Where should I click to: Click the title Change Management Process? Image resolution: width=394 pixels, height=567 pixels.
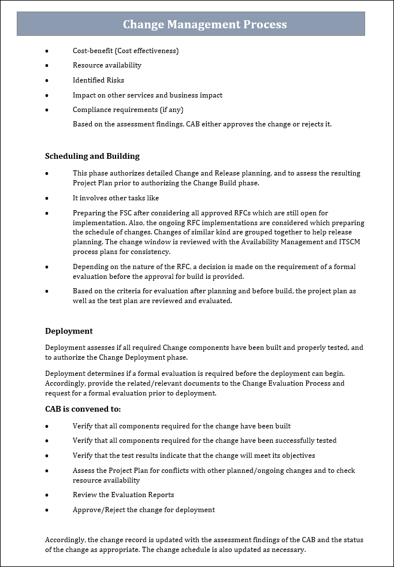[x=205, y=24]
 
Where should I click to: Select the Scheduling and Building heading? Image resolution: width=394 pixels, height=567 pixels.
[x=92, y=156]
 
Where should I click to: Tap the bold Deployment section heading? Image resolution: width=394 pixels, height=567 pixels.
[x=69, y=331]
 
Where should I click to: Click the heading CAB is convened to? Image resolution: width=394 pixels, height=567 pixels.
[x=83, y=409]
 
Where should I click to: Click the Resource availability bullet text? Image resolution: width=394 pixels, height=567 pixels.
[x=107, y=65]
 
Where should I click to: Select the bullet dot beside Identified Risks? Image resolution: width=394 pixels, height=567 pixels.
[x=47, y=80]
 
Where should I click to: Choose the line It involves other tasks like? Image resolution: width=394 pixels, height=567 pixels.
[x=116, y=198]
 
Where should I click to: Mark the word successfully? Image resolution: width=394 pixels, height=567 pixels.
[x=292, y=441]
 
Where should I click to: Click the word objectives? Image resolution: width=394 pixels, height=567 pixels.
[x=297, y=456]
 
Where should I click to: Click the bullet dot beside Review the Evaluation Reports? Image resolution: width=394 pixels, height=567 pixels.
[x=47, y=495]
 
